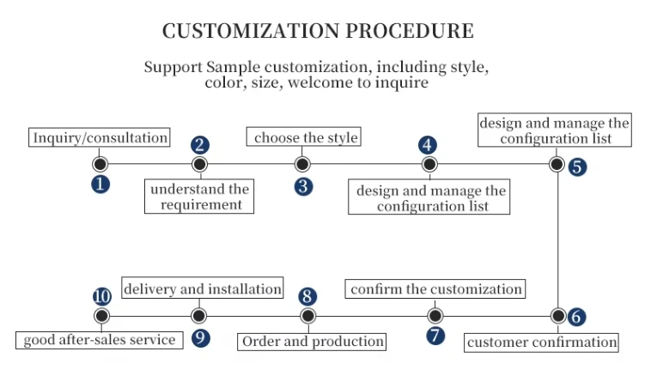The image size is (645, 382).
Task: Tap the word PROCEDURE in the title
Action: [409, 31]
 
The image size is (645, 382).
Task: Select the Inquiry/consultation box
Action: [100, 137]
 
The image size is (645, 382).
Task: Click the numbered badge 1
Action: [101, 184]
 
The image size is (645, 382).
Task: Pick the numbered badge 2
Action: [199, 144]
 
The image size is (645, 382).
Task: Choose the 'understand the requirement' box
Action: [198, 196]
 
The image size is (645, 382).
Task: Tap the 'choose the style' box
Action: [306, 137]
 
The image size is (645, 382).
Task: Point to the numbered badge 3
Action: [302, 185]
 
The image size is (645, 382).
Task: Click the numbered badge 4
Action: [428, 144]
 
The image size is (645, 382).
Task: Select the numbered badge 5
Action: [578, 167]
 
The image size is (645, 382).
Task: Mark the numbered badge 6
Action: [577, 316]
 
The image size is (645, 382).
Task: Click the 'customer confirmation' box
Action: [542, 343]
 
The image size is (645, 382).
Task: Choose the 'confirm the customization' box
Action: [436, 289]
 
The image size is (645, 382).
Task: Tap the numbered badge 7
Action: [436, 337]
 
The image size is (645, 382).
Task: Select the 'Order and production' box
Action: [313, 342]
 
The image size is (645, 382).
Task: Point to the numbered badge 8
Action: [307, 296]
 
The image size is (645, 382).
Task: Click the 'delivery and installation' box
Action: [203, 289]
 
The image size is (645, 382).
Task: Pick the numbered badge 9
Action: [200, 337]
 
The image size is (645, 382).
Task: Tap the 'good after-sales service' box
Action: [100, 340]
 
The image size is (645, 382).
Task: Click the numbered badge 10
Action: [102, 296]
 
